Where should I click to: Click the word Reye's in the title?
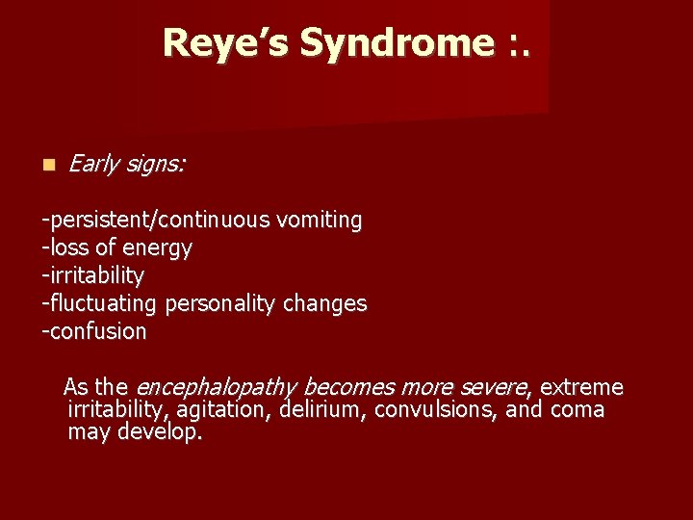[x=227, y=43]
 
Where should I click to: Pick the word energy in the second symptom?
[x=162, y=248]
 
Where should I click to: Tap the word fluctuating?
[x=104, y=304]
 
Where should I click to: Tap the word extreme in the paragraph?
[x=581, y=388]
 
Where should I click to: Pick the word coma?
[x=577, y=410]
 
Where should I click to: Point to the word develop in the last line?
[x=160, y=432]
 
